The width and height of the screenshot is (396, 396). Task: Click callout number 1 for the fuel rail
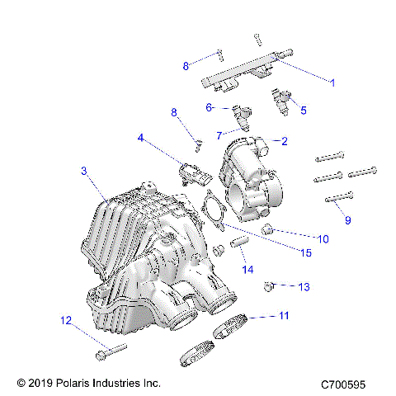click(332, 82)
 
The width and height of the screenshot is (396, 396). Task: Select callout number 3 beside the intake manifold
click(84, 171)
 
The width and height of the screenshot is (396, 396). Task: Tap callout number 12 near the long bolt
click(65, 320)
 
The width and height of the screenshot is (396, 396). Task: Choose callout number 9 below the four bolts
click(348, 220)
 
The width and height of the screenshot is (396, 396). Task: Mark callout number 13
click(304, 287)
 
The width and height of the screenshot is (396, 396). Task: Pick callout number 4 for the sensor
click(143, 139)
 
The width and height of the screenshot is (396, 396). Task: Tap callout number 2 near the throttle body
click(284, 141)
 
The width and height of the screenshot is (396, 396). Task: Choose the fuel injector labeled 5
click(281, 101)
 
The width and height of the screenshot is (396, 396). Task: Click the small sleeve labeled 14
click(239, 243)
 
